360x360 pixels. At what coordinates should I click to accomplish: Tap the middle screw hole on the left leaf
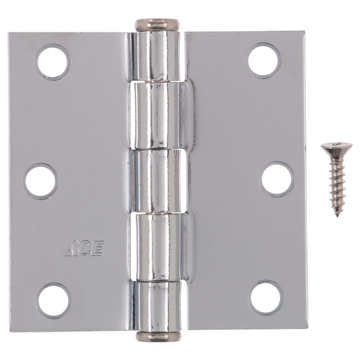click(41, 181)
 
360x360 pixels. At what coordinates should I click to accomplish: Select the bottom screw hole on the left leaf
click(54, 300)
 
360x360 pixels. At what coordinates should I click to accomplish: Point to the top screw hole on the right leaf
click(263, 60)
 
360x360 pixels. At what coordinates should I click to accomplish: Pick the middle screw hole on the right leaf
click(277, 179)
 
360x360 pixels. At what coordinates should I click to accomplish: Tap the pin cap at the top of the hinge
click(157, 24)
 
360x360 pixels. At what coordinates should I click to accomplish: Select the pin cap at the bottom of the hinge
click(158, 337)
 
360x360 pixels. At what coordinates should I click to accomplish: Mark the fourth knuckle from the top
click(157, 246)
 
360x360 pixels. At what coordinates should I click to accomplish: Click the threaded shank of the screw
click(337, 184)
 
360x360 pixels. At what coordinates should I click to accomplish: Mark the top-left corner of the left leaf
click(10, 33)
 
